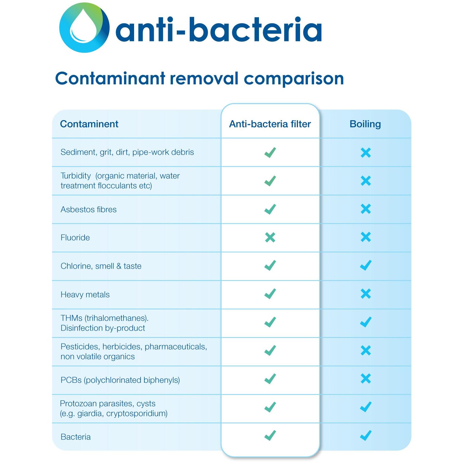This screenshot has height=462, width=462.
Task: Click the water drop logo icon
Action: pos(84,28)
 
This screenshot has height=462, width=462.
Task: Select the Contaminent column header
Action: pos(89,124)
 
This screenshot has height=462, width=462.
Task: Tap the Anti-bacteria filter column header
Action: pos(270,124)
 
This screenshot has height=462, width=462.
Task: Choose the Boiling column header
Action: pos(365,124)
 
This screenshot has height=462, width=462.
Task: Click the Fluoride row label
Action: pos(75,238)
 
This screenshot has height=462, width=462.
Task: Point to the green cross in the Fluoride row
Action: pos(270,237)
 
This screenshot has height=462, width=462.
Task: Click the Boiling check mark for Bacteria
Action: pos(366,435)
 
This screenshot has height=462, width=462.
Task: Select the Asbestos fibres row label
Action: pos(89,210)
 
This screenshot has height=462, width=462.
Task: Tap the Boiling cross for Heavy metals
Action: pos(366,294)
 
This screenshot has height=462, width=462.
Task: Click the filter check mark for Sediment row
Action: pos(270,152)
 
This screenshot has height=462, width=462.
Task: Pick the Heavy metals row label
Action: pos(85,294)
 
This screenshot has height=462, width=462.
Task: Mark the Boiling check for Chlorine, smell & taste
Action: pos(366,265)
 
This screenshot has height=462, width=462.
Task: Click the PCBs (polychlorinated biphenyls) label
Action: pos(120,380)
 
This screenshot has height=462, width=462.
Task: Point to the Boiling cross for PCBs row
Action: pos(366,379)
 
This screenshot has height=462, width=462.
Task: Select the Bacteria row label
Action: pos(76,437)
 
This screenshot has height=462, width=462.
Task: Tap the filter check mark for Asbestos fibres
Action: pos(270,209)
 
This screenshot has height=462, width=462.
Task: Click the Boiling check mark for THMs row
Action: pos(366,322)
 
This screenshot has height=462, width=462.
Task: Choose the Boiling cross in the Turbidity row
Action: pos(366,181)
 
